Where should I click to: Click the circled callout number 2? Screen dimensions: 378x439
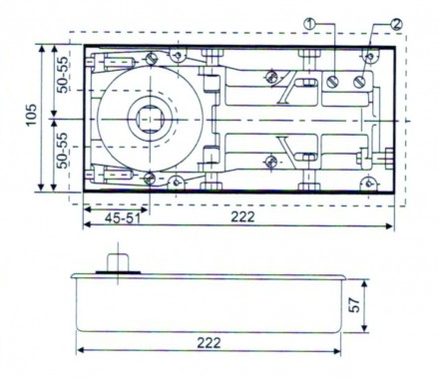point(369,21)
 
